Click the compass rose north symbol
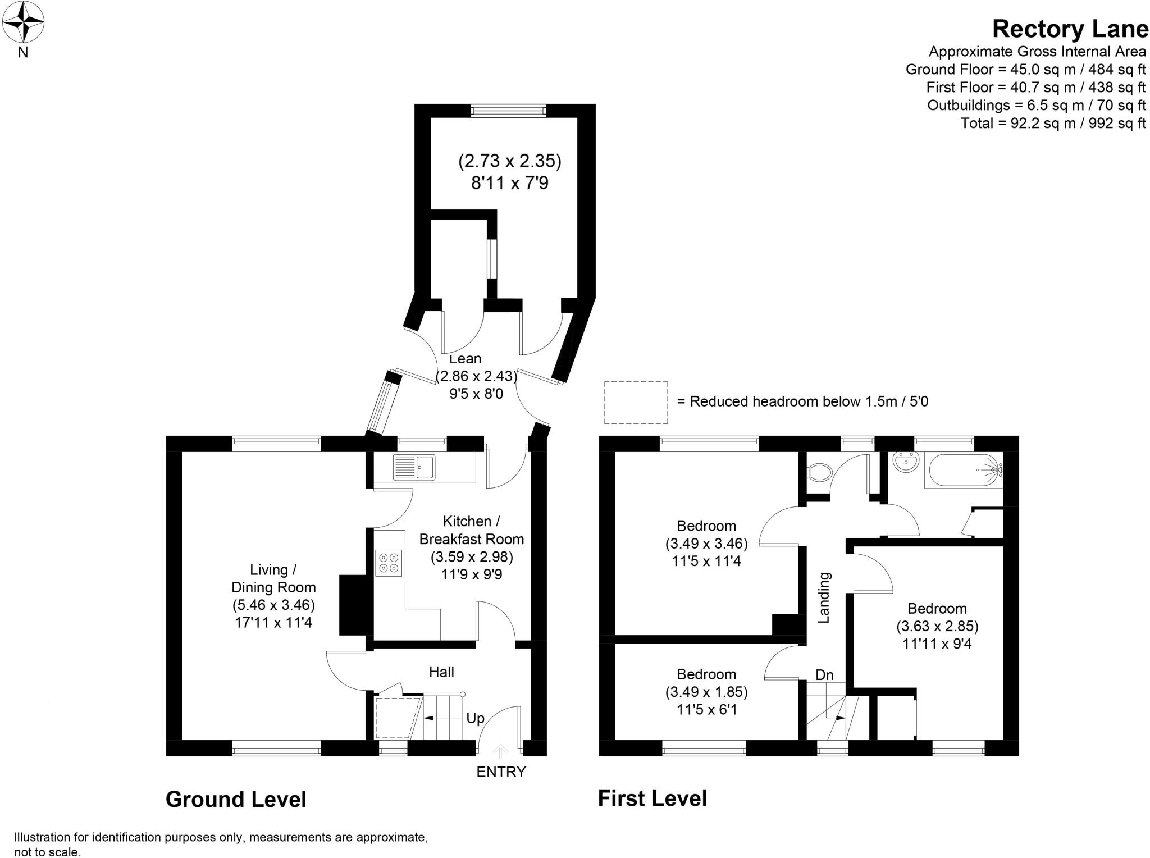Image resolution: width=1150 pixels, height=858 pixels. [x=23, y=23]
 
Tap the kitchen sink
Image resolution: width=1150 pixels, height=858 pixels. [x=414, y=467]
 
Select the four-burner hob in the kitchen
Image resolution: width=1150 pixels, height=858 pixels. [x=389, y=563]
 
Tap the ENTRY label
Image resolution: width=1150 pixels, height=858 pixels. [x=501, y=772]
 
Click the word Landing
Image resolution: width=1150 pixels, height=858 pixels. [x=824, y=598]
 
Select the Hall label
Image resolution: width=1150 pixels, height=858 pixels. [x=441, y=672]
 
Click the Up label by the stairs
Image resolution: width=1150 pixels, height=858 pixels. [x=475, y=719]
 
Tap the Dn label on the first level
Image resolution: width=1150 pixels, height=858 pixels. [x=824, y=675]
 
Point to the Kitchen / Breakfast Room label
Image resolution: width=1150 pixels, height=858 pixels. [x=472, y=530]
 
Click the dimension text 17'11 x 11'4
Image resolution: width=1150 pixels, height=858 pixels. [x=273, y=623]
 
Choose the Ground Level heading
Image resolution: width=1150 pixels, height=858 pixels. [x=236, y=800]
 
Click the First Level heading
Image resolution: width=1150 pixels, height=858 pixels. [x=652, y=798]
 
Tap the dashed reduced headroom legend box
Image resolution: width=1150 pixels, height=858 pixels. [x=636, y=402]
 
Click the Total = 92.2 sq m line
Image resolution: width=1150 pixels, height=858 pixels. [x=1053, y=123]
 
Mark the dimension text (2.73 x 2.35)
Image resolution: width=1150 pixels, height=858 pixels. [x=510, y=162]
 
